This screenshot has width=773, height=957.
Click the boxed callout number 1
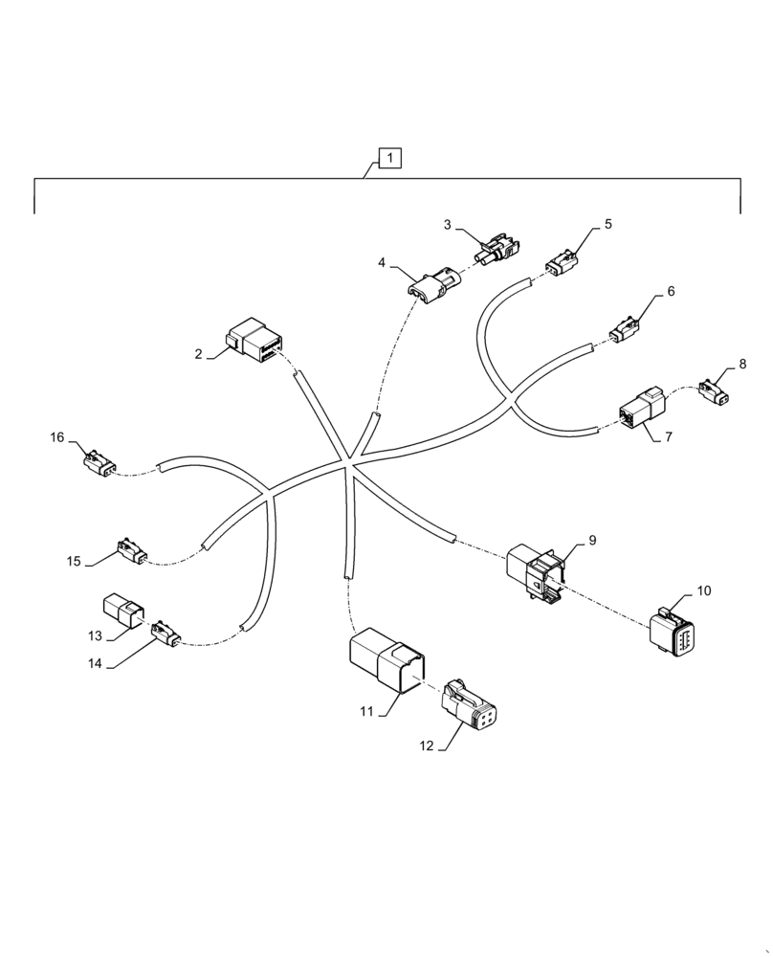(390, 158)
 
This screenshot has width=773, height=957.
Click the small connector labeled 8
(714, 390)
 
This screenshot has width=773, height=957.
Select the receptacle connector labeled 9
(538, 572)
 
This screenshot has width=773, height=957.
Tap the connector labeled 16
(100, 462)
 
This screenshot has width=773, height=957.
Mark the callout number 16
(57, 437)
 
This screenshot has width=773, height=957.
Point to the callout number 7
(669, 436)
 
